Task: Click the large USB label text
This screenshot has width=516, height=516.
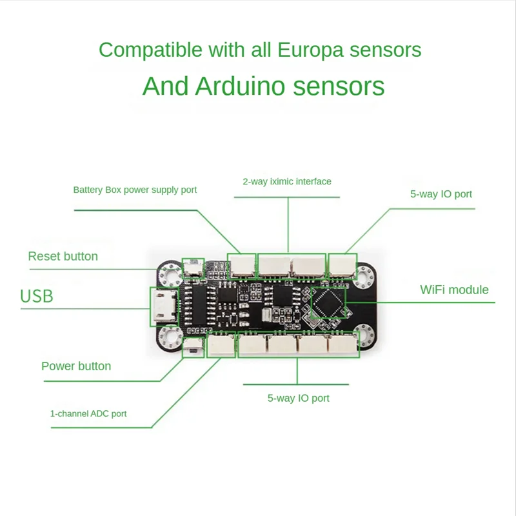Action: pos(37,297)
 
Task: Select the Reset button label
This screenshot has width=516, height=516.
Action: pos(63,257)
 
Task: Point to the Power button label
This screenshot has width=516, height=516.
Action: pos(76,366)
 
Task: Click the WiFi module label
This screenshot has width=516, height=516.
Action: pos(454,290)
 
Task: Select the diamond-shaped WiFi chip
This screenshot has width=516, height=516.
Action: pos(329,303)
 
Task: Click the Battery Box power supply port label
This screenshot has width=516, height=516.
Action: pos(135,190)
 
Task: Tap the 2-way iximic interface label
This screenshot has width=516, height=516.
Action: pos(287,182)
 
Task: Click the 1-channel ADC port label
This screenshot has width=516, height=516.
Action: pos(88,413)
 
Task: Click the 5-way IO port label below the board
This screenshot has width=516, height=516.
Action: pos(298,399)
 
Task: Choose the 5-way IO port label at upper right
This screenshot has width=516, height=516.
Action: pos(441,193)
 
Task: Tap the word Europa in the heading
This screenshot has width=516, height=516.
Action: pos(306,50)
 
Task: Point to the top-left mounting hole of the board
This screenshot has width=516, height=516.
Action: pos(172,274)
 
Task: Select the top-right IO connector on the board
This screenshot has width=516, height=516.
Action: pos(342,264)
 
